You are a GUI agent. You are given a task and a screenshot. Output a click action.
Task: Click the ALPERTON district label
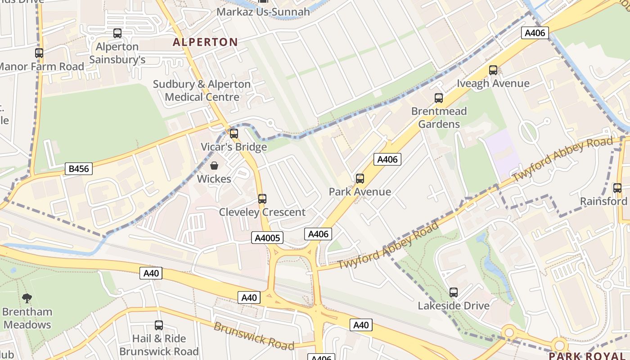click(205, 42)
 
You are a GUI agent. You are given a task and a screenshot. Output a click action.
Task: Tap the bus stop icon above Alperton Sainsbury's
click(117, 33)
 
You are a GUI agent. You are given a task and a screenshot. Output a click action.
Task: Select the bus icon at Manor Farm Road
click(39, 53)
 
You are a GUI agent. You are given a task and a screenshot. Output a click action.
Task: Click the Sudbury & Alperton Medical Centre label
click(202, 90)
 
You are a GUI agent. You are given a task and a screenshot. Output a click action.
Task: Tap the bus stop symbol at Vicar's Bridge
click(234, 134)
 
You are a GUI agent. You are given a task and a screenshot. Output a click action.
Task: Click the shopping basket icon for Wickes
click(214, 166)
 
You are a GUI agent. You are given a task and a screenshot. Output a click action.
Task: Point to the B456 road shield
click(79, 169)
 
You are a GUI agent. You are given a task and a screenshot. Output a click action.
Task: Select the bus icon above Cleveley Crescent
click(262, 199)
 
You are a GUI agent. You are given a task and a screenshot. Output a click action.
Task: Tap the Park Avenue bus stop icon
click(360, 179)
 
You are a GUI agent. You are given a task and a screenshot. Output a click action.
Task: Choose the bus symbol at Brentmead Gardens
click(438, 98)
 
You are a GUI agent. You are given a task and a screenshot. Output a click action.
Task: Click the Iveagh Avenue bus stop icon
click(493, 70)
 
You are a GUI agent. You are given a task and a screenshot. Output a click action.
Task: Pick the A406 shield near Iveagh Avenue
click(535, 32)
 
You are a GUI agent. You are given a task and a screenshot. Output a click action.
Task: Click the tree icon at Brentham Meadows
click(27, 298)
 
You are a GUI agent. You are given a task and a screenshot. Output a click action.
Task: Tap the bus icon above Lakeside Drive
click(453, 292)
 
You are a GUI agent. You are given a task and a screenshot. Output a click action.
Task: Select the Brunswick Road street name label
click(253, 336)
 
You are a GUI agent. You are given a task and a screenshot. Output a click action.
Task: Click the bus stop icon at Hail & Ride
click(158, 325)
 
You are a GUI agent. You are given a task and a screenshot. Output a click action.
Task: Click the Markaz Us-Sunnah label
click(263, 12)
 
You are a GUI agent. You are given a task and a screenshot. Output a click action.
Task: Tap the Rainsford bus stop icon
click(617, 188)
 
